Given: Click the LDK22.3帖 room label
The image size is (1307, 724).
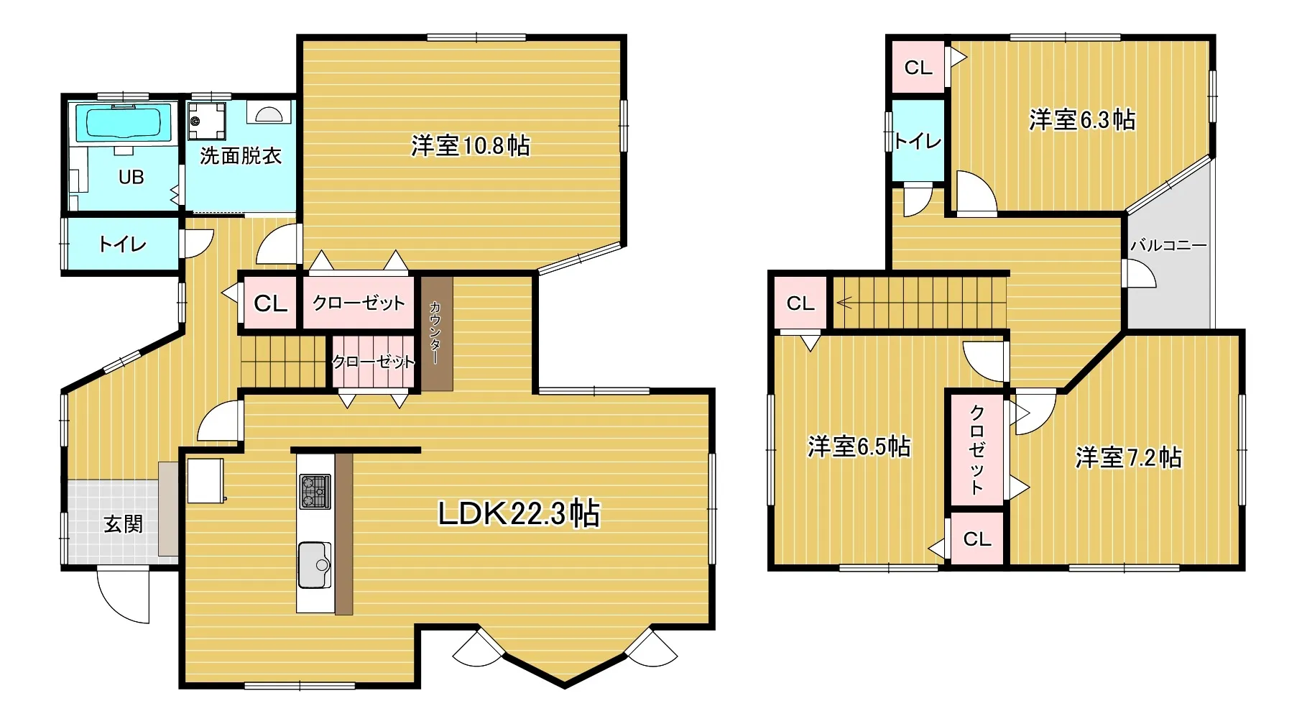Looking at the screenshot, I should (519, 513).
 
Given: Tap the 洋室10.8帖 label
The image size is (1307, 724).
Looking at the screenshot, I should (471, 146).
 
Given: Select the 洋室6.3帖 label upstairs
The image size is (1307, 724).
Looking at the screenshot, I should (1082, 119).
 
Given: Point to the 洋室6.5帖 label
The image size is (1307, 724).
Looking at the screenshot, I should (859, 446).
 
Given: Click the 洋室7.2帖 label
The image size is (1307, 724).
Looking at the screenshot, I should (1128, 457).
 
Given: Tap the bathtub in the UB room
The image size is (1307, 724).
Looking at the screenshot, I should (123, 124).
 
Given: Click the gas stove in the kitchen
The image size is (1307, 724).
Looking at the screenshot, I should (315, 492).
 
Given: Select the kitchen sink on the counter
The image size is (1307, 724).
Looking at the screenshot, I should (314, 564).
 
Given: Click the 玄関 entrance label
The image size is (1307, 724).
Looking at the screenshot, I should (124, 524).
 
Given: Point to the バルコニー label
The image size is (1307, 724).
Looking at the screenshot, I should (1169, 245).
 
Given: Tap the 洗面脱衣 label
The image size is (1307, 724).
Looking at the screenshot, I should (241, 155).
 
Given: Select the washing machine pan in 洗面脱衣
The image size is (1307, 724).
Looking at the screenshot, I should (207, 120).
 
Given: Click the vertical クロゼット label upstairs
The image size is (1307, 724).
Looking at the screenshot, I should (976, 450).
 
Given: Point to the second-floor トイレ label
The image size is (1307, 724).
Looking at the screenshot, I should (918, 141).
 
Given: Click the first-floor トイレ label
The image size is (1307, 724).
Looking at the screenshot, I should (123, 244).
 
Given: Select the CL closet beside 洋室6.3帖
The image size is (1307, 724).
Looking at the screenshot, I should (918, 68).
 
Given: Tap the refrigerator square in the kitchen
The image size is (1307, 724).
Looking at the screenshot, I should (205, 481).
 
